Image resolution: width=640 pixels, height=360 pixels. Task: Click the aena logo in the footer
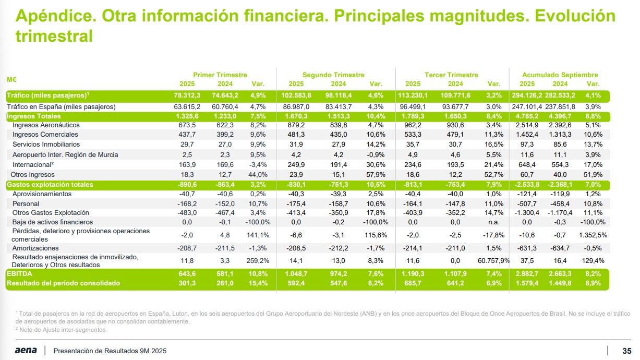point(26,350)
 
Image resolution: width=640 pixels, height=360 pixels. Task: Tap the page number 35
point(627,350)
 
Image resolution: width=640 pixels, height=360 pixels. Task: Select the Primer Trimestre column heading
point(220,75)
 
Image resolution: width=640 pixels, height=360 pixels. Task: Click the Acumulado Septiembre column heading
point(560,75)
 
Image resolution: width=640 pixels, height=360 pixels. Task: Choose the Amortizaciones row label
point(35,248)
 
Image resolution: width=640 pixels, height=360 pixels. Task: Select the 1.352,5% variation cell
point(593,235)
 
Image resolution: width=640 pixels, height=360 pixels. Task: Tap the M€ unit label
point(11,80)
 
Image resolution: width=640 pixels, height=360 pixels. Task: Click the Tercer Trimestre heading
point(451,75)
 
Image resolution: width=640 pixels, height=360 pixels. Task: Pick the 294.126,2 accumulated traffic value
point(527,95)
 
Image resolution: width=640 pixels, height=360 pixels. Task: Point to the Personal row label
point(26,203)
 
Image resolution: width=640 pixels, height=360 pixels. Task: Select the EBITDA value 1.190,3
point(413,273)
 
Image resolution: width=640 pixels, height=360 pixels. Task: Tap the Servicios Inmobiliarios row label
point(46,144)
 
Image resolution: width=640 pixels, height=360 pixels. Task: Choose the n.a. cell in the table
point(493,222)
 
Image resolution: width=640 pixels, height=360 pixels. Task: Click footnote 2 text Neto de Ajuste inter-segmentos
point(62,330)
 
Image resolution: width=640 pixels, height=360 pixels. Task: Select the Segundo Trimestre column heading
point(333,75)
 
